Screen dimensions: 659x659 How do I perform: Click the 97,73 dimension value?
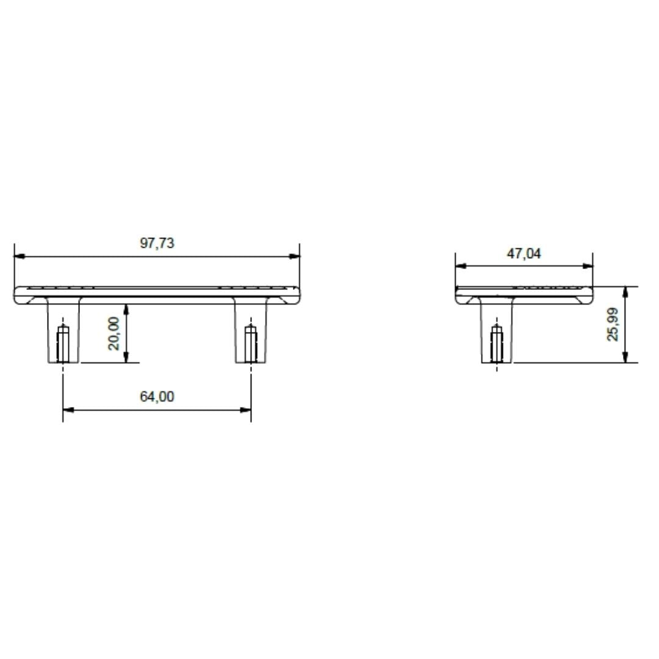157,243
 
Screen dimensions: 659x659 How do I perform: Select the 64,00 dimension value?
157,397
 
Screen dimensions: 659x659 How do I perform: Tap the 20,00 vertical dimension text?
114,333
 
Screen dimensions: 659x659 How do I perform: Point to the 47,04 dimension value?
524,253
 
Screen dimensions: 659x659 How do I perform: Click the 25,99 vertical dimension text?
613,324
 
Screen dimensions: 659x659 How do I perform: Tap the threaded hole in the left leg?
63,344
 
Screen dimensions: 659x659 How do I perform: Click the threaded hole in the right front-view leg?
251,344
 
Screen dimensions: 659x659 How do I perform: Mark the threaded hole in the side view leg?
497,344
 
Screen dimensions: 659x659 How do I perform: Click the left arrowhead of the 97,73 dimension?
19,256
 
